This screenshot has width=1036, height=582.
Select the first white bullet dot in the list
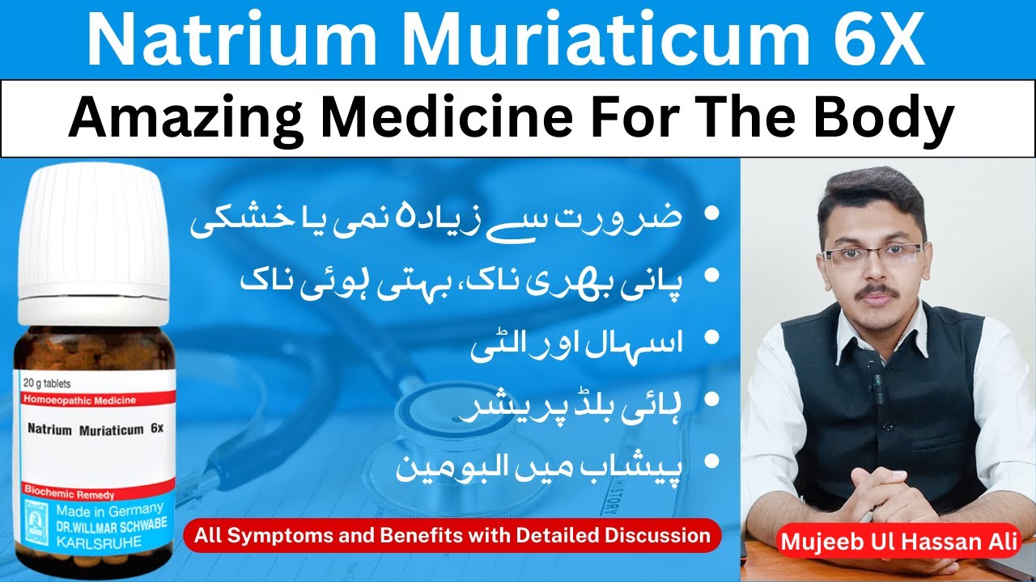[x=712, y=215]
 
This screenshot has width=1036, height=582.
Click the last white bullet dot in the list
[x=712, y=462]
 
